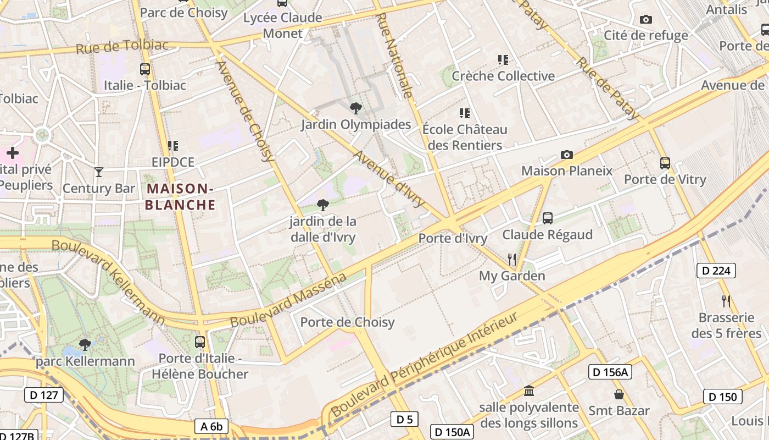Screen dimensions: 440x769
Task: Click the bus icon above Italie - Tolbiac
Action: (x=145, y=69)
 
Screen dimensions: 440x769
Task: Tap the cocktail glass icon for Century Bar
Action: (x=99, y=172)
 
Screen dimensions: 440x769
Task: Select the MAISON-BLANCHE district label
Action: (x=181, y=197)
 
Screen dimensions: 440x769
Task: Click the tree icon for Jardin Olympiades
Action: (x=356, y=108)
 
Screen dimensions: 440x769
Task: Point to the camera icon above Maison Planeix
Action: (x=567, y=155)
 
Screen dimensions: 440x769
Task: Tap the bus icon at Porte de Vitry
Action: (x=665, y=163)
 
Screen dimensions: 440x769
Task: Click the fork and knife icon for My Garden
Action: (x=512, y=259)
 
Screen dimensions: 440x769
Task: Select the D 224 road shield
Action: (x=716, y=270)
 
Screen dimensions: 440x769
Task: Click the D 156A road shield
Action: (x=610, y=372)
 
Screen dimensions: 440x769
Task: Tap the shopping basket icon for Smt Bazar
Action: (x=619, y=394)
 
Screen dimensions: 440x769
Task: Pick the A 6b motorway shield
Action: (x=211, y=426)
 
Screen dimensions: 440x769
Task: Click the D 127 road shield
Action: (x=44, y=394)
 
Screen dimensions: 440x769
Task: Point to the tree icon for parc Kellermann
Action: (x=85, y=345)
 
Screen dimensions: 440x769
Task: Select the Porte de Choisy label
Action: (x=347, y=322)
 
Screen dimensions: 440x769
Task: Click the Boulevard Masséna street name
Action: (x=288, y=300)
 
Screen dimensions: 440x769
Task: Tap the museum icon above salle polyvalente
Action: (x=529, y=391)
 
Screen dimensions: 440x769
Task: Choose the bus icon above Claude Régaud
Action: (x=548, y=218)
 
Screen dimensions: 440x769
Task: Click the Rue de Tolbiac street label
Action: (x=122, y=46)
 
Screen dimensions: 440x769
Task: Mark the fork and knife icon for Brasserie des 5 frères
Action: (x=726, y=301)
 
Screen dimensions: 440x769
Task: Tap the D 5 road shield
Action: (x=404, y=419)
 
